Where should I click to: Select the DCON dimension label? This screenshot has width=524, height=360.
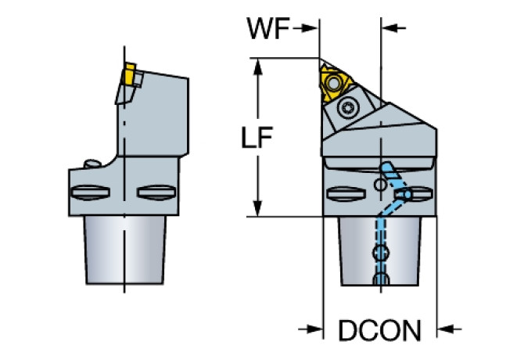click(x=379, y=329)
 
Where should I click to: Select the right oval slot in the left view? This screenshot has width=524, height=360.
click(x=151, y=193)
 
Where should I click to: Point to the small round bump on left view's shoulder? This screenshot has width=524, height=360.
click(x=91, y=164)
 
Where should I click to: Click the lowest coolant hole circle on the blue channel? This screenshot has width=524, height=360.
click(x=382, y=280)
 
